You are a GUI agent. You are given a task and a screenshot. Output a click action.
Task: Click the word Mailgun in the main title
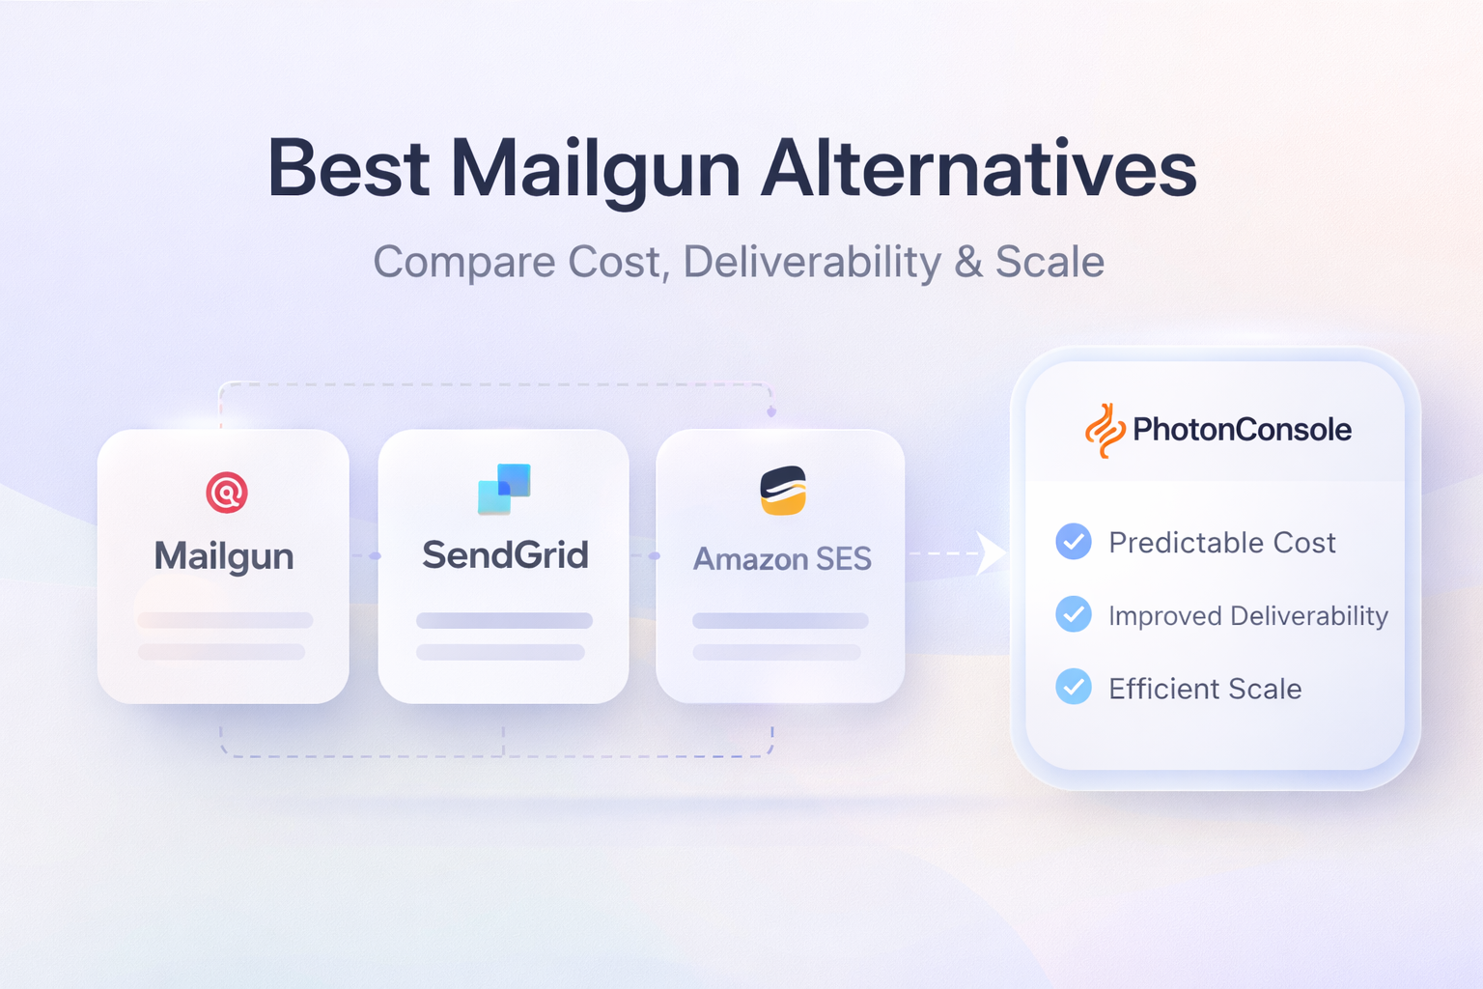click(596, 169)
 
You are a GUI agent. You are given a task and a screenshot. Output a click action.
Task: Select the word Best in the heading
click(348, 169)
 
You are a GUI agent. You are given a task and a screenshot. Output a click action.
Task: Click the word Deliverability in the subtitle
click(812, 262)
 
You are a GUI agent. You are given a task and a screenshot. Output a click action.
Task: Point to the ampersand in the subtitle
click(968, 262)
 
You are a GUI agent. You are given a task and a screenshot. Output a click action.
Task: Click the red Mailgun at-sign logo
click(227, 493)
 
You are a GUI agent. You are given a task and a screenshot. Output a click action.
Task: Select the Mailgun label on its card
click(224, 556)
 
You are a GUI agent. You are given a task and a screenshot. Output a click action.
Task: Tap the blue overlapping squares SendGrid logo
click(504, 489)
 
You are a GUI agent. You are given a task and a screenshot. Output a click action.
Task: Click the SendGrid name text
click(505, 555)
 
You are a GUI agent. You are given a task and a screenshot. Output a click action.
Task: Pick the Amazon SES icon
click(782, 491)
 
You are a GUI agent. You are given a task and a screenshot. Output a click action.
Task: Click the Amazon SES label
click(782, 558)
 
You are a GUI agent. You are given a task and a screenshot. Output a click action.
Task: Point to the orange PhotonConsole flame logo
click(1105, 430)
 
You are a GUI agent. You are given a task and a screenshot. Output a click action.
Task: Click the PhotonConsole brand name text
click(1242, 429)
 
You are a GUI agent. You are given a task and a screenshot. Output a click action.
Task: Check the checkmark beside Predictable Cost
click(1074, 542)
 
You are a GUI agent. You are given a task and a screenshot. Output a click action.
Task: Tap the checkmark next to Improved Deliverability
click(1074, 614)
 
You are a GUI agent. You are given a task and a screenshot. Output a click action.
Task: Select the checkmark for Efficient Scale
click(1074, 687)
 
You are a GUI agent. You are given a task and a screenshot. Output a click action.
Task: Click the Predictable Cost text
click(1221, 543)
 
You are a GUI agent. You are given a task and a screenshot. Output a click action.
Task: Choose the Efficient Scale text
click(1205, 689)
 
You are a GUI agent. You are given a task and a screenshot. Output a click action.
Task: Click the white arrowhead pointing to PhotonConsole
click(991, 553)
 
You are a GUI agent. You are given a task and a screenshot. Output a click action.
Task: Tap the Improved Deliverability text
click(1247, 616)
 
